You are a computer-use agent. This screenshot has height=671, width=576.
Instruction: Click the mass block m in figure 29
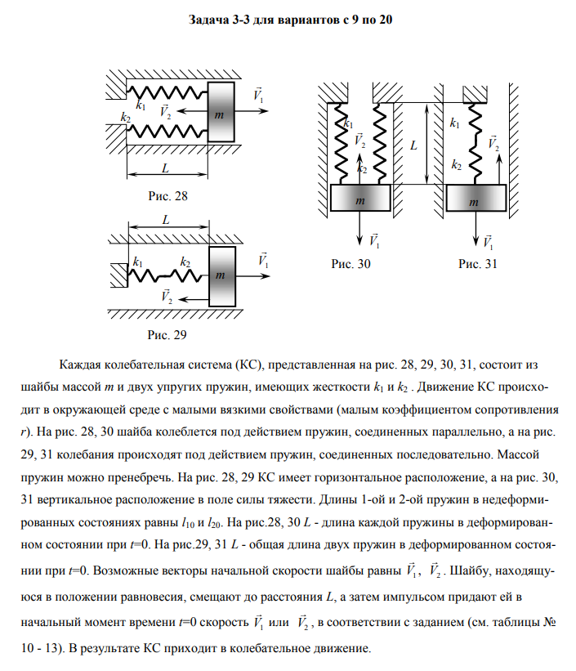[221, 275]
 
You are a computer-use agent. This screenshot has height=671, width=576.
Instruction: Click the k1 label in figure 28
[141, 105]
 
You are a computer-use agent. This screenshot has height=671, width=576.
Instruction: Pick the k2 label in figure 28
[125, 118]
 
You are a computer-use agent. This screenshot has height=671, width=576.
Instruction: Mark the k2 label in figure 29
[185, 262]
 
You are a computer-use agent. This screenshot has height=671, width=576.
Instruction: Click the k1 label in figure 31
[454, 124]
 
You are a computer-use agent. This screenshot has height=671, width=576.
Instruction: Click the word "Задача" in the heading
[208, 18]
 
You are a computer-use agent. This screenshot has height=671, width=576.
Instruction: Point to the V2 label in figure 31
[493, 145]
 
